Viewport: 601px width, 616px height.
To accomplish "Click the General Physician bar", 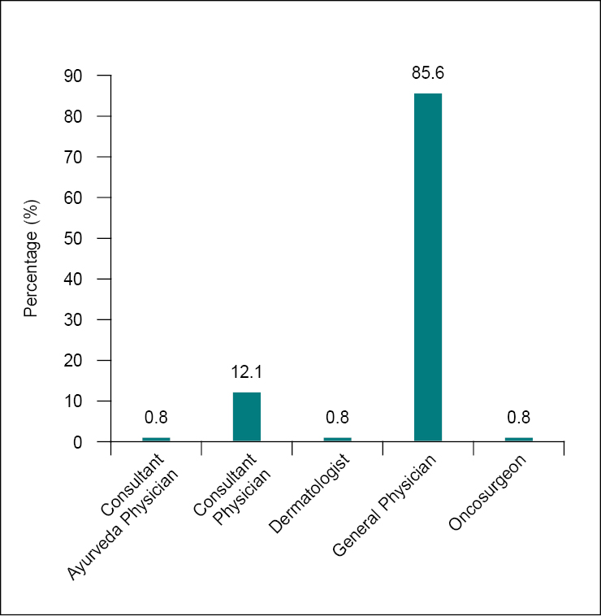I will click(428, 267).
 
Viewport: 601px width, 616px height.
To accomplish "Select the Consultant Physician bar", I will click(247, 417).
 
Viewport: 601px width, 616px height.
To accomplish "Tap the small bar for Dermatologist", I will click(337, 440).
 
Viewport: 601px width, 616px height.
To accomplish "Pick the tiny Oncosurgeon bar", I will click(518, 440).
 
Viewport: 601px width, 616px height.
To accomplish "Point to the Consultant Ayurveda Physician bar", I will click(156, 440).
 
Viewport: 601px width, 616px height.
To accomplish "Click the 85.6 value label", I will click(428, 74).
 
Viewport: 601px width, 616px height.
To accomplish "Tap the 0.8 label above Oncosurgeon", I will click(518, 418).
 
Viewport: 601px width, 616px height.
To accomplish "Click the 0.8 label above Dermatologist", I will click(337, 418).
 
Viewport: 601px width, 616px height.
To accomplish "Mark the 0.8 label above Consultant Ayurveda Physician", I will click(156, 418).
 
